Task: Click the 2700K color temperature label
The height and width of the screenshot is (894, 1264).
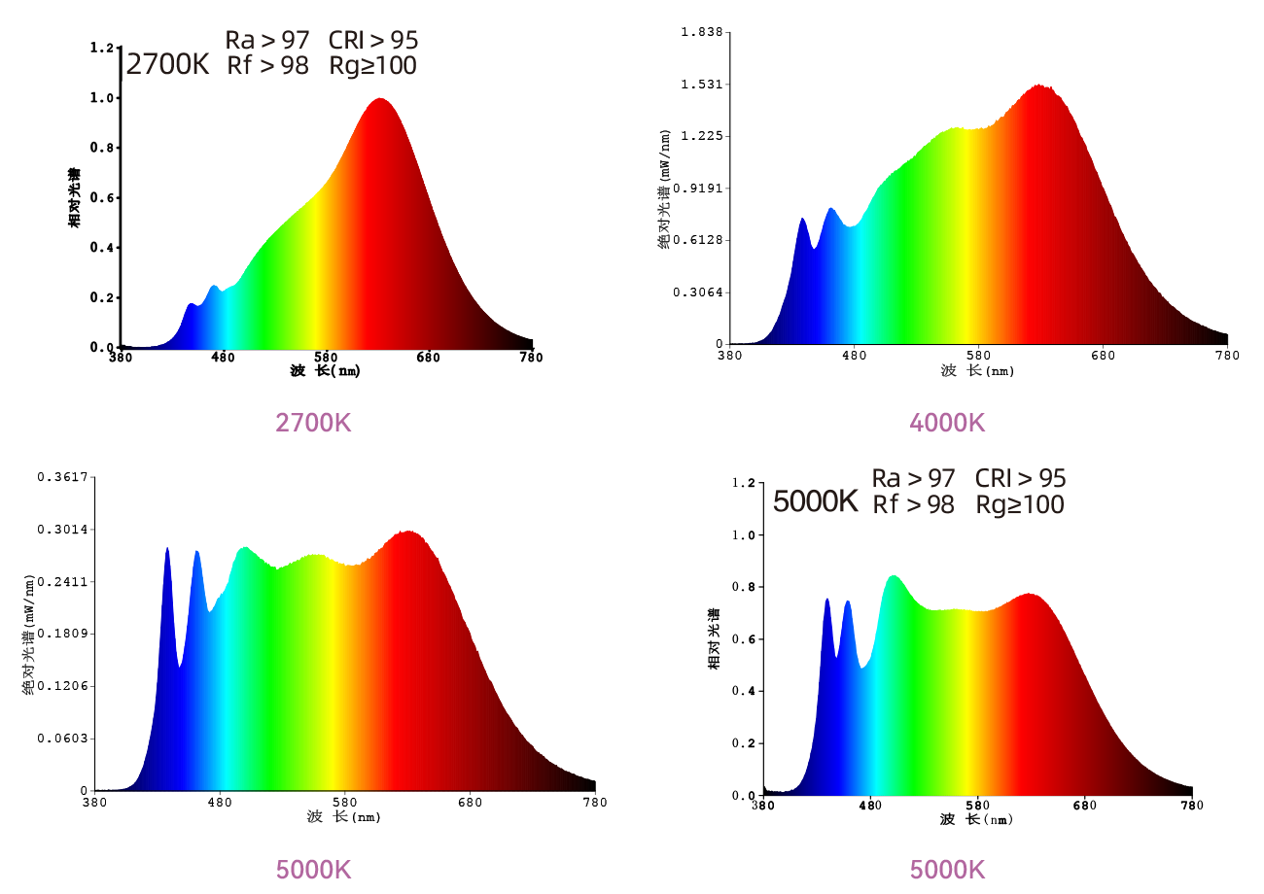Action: (167, 65)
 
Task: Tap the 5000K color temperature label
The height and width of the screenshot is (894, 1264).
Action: (815, 501)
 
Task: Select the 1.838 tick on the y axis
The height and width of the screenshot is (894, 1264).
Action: (702, 32)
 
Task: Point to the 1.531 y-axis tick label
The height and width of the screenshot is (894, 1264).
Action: (702, 84)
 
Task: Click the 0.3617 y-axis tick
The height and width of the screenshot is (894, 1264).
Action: (63, 477)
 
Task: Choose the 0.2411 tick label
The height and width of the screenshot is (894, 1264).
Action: (63, 581)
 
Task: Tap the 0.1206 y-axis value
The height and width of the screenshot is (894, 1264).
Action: (63, 686)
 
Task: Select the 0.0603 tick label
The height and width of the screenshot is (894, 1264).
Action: (63, 739)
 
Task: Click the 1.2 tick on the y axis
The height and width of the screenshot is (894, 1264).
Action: (743, 483)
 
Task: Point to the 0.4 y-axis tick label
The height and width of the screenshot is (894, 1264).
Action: (743, 691)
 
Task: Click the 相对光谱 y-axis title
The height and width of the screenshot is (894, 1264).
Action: (714, 638)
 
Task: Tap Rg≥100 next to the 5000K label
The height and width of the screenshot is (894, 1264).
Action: (1020, 504)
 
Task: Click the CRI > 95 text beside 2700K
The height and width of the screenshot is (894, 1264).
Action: (373, 40)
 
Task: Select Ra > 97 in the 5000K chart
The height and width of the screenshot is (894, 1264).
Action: (913, 478)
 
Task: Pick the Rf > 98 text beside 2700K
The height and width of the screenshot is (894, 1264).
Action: (267, 66)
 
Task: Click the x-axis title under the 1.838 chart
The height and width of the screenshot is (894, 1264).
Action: (977, 370)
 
